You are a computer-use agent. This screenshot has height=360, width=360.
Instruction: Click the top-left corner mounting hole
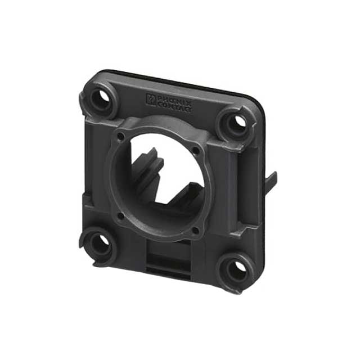(x=103, y=99)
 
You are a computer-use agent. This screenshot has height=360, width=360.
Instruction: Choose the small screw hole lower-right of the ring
(x=195, y=230)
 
